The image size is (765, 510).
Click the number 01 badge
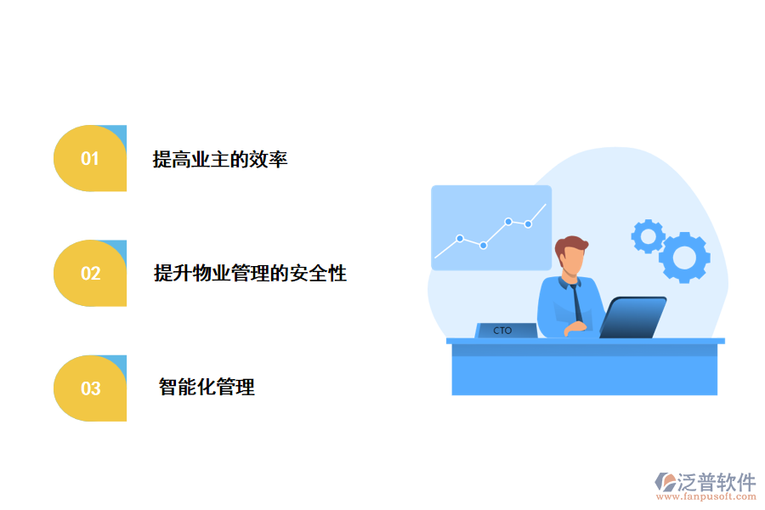point(90,159)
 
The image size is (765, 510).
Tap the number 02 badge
point(90,274)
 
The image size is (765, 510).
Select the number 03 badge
point(90,388)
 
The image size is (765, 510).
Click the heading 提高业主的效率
point(220,159)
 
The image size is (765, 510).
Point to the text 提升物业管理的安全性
point(250,274)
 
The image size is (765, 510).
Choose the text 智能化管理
point(207,388)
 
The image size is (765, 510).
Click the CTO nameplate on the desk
point(503,331)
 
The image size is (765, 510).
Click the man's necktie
point(577,302)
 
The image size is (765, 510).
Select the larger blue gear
point(684,257)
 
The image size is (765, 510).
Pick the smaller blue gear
point(648,236)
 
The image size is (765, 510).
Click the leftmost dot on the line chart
point(460,239)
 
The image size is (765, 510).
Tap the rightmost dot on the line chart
point(528,224)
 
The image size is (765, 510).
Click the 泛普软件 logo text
point(716,482)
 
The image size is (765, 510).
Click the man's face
point(575,258)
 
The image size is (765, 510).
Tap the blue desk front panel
point(584,375)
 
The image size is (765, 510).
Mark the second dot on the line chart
point(483,246)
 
